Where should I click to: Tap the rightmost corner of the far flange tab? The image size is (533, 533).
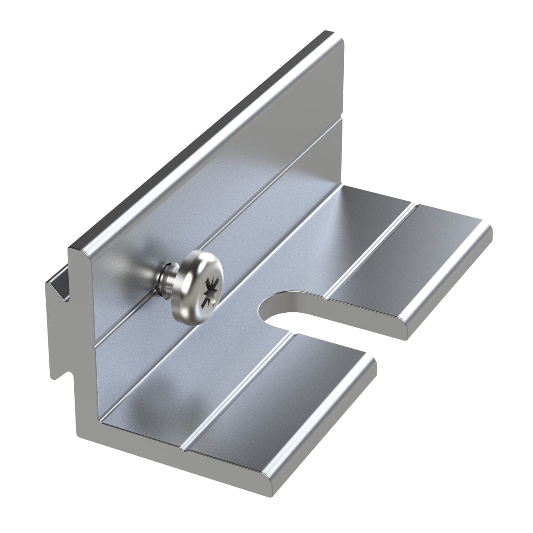coord(489,231)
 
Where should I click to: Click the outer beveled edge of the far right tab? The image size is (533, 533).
coord(449,284)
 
